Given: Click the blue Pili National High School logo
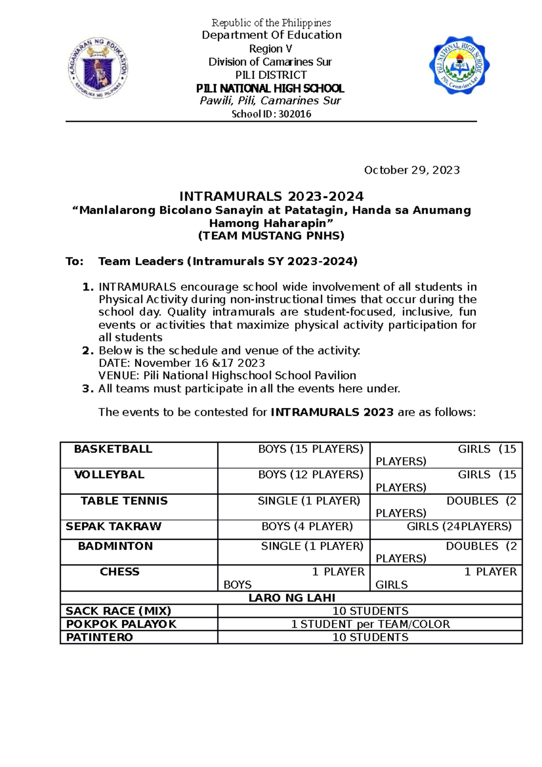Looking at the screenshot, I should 459,65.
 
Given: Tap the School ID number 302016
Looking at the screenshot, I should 294,114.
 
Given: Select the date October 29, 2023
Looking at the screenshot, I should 411,170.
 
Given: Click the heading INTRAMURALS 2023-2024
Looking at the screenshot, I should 271,196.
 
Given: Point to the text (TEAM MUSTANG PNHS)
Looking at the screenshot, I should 271,235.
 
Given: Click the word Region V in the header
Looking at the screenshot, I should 271,48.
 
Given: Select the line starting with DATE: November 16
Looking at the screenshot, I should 182,363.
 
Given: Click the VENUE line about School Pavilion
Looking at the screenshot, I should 227,375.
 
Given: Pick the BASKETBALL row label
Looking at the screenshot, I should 113,449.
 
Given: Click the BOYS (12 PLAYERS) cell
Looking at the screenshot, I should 310,475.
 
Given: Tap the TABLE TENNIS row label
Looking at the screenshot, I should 124,500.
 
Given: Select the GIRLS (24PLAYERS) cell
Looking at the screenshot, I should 459,526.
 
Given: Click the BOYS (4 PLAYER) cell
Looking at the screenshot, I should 307,526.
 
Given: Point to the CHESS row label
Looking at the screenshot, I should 119,571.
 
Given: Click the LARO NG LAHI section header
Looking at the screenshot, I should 291,598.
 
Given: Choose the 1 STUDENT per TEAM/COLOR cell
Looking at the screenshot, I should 370,624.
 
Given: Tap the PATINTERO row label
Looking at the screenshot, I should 99,637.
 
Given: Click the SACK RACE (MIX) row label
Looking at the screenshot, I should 118,611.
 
